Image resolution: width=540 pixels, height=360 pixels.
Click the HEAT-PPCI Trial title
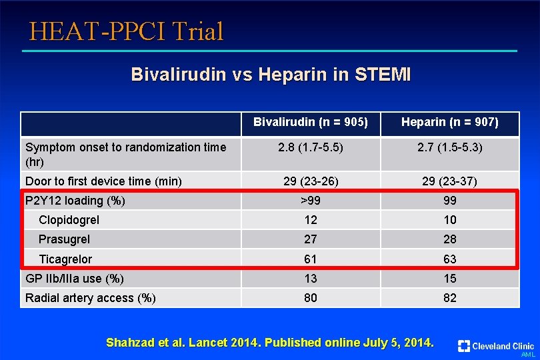(127, 31)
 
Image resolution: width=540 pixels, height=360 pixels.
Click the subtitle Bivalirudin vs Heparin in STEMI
(271, 74)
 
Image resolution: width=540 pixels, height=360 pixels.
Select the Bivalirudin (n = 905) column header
(311, 122)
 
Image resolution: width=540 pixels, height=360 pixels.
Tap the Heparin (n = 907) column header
(450, 122)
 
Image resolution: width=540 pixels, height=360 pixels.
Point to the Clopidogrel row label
(69, 220)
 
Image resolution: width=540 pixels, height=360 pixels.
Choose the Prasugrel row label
(64, 239)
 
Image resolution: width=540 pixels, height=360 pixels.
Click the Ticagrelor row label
(65, 259)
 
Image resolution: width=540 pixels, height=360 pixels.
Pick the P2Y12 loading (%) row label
(75, 201)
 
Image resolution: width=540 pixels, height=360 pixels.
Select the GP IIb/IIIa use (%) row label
(75, 279)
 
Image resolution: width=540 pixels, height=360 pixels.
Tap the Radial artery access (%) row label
(90, 298)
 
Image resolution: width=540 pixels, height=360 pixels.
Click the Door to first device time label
(103, 181)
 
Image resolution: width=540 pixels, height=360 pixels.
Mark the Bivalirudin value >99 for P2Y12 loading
(311, 201)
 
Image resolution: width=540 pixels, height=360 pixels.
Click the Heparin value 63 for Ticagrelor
(450, 259)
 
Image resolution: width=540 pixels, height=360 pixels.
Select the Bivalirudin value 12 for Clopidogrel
(311, 220)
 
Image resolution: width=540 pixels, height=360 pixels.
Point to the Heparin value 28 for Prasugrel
(450, 239)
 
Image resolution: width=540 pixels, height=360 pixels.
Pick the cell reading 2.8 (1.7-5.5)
(311, 147)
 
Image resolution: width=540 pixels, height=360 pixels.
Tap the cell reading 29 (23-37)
(450, 181)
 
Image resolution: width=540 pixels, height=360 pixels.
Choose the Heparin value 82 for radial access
(450, 297)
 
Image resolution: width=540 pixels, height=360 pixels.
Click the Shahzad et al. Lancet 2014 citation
(270, 343)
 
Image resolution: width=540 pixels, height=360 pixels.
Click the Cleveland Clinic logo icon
(464, 346)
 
